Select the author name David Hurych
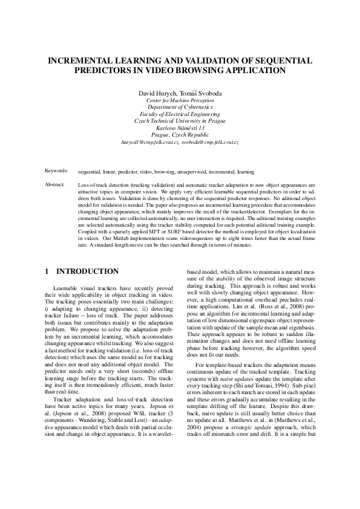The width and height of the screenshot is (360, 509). tap(155, 92)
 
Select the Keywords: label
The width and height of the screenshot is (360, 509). tap(56, 171)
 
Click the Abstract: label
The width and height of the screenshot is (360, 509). tap(55, 183)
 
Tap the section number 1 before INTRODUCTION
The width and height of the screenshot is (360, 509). tap(48, 271)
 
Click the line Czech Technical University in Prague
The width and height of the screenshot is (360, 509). tap(180, 120)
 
